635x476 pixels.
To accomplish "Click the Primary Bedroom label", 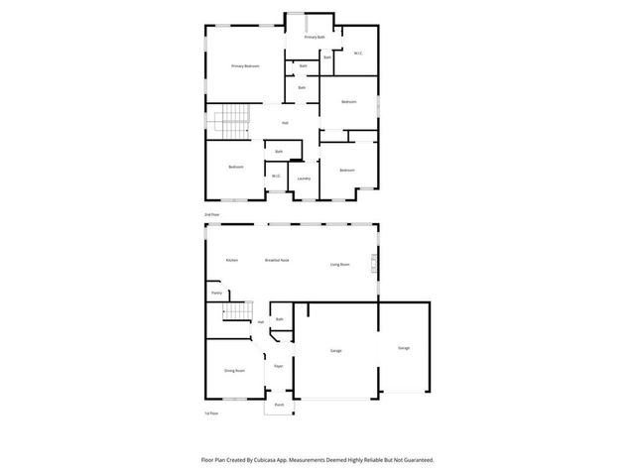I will tap(245, 66).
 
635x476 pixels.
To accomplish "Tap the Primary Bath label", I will tap(315, 37).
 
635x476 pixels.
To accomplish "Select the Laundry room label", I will tap(304, 178).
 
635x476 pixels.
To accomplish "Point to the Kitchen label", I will tap(231, 260).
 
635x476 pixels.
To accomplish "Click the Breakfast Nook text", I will tap(277, 260).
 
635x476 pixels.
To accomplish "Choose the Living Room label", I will tap(340, 264).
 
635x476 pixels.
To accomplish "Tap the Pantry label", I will tap(216, 294).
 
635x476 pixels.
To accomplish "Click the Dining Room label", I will tap(234, 370).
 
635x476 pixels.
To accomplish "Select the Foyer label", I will tap(279, 365).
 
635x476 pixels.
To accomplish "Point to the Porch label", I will tap(279, 405).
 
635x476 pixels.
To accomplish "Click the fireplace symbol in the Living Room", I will tap(373, 264).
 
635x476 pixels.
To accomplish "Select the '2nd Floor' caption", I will tap(211, 214).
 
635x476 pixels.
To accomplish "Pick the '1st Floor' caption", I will tap(211, 413).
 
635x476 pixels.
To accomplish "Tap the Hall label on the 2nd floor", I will tap(285, 123).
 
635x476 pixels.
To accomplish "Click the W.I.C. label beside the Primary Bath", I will tap(357, 53).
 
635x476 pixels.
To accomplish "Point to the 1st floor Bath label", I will tap(280, 319).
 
